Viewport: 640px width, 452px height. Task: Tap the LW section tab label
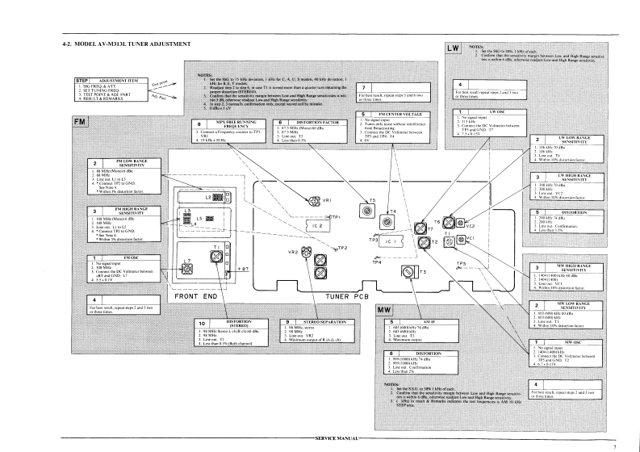pyautogui.click(x=453, y=51)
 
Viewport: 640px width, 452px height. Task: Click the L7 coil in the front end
pyautogui.click(x=187, y=264)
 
